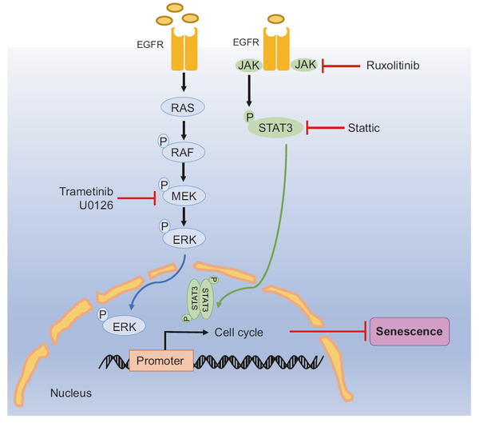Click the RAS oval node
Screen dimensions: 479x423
183,107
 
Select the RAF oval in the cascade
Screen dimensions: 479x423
183,152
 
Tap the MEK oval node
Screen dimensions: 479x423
184,196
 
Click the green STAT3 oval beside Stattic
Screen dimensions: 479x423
275,128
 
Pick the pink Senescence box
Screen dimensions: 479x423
410,332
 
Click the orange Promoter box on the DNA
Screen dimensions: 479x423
161,361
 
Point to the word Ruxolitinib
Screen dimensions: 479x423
393,66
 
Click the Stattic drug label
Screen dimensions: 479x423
364,128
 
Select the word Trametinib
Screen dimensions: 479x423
86,192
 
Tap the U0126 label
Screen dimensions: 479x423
96,206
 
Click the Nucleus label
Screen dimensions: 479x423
71,393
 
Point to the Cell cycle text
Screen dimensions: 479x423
239,333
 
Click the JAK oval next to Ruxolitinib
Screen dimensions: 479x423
304,65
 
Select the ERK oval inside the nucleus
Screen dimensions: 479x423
124,326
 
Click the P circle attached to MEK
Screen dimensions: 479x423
164,185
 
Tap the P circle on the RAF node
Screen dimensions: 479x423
164,141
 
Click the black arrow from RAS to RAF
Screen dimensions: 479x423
184,130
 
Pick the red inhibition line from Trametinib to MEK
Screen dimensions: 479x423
137,198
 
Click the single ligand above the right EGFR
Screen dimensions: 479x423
276,19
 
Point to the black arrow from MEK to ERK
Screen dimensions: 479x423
184,217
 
